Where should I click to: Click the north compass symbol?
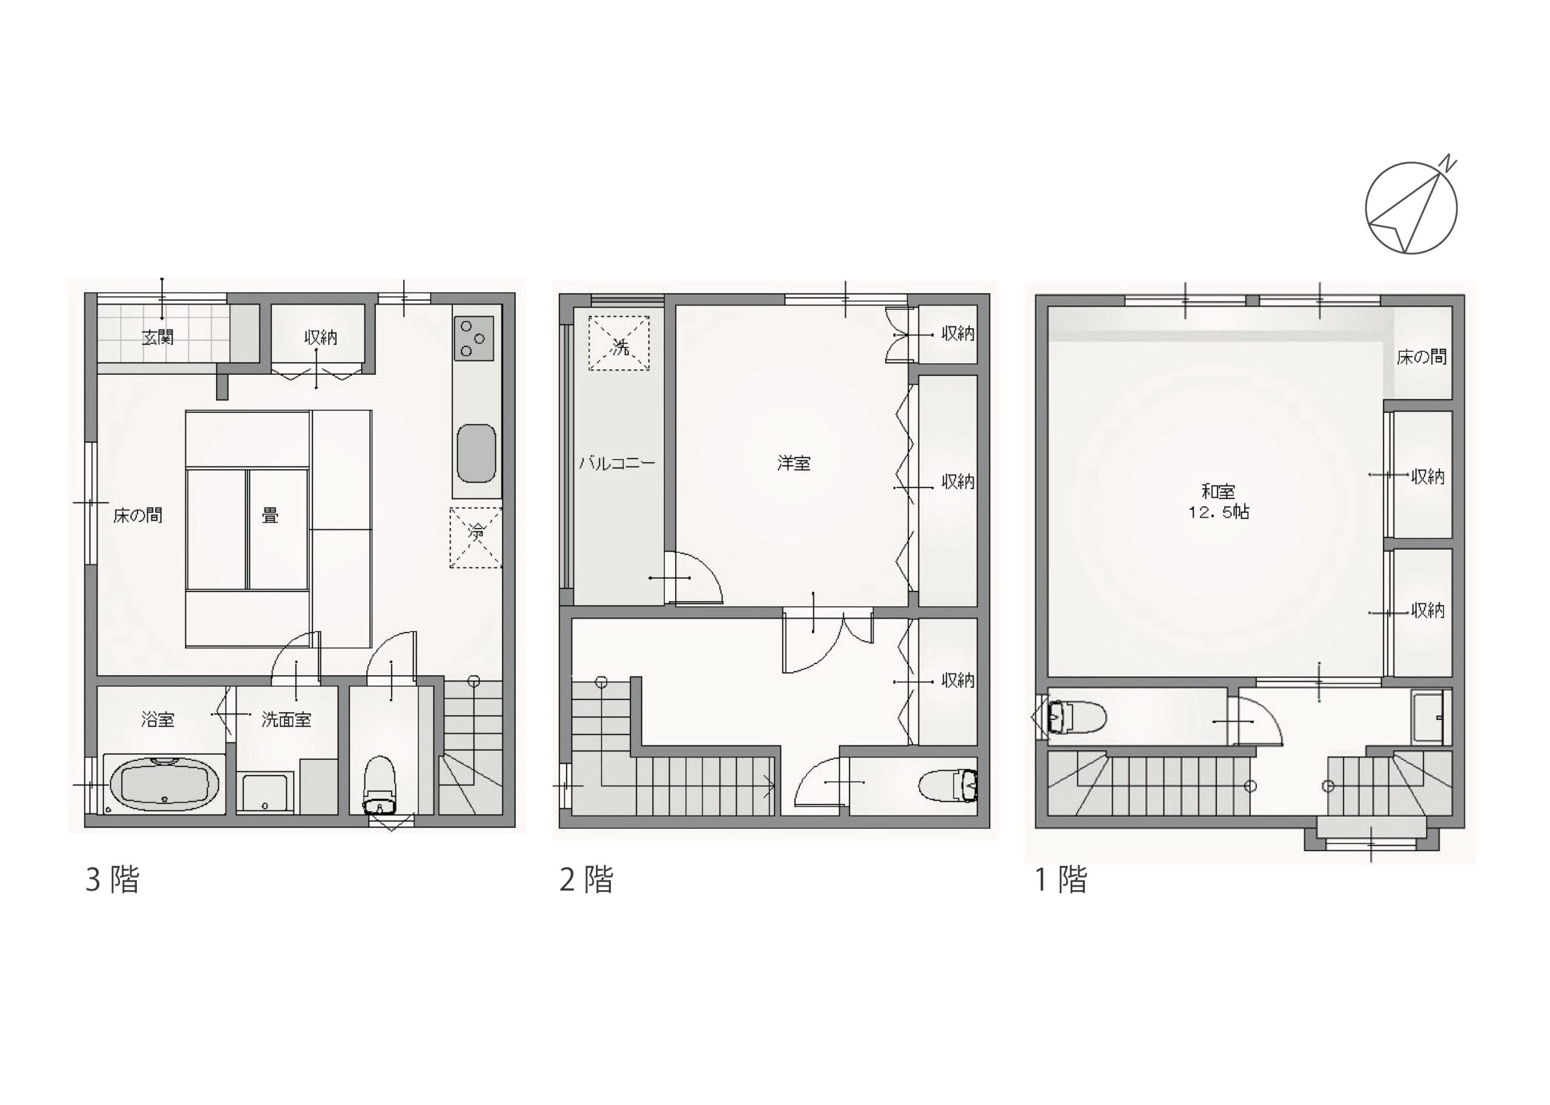tap(1411, 207)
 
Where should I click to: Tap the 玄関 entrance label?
tap(158, 337)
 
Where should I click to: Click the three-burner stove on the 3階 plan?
tap(473, 337)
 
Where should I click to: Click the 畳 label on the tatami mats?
tap(270, 515)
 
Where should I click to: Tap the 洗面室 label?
tap(286, 719)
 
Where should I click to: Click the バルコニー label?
tap(617, 463)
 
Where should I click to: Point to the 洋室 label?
tap(794, 463)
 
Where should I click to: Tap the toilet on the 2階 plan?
tap(948, 785)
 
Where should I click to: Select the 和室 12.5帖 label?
tap(1219, 501)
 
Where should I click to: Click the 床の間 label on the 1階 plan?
tap(1422, 357)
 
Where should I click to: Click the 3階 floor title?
tap(112, 879)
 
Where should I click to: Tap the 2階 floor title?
tap(587, 879)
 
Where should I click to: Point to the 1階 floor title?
tap(1061, 879)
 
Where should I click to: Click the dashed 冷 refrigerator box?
tap(476, 538)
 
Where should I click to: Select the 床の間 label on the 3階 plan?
tap(138, 515)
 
